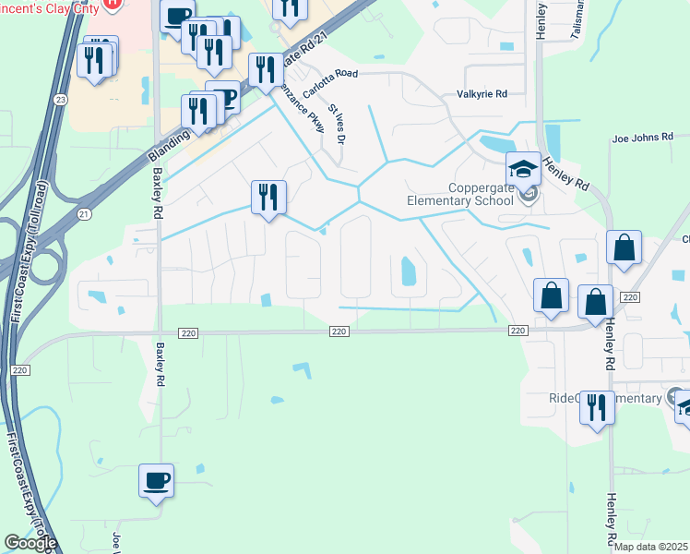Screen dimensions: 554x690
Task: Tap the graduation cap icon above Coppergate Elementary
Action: point(523,169)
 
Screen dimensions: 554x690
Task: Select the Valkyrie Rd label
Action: point(482,94)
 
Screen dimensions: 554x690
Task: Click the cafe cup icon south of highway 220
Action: point(157,480)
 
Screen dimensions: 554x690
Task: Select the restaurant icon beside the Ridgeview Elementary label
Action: point(597,406)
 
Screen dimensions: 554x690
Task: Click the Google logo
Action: point(30,543)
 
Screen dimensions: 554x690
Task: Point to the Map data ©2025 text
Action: point(651,547)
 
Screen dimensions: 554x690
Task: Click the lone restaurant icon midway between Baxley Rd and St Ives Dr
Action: point(268,198)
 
